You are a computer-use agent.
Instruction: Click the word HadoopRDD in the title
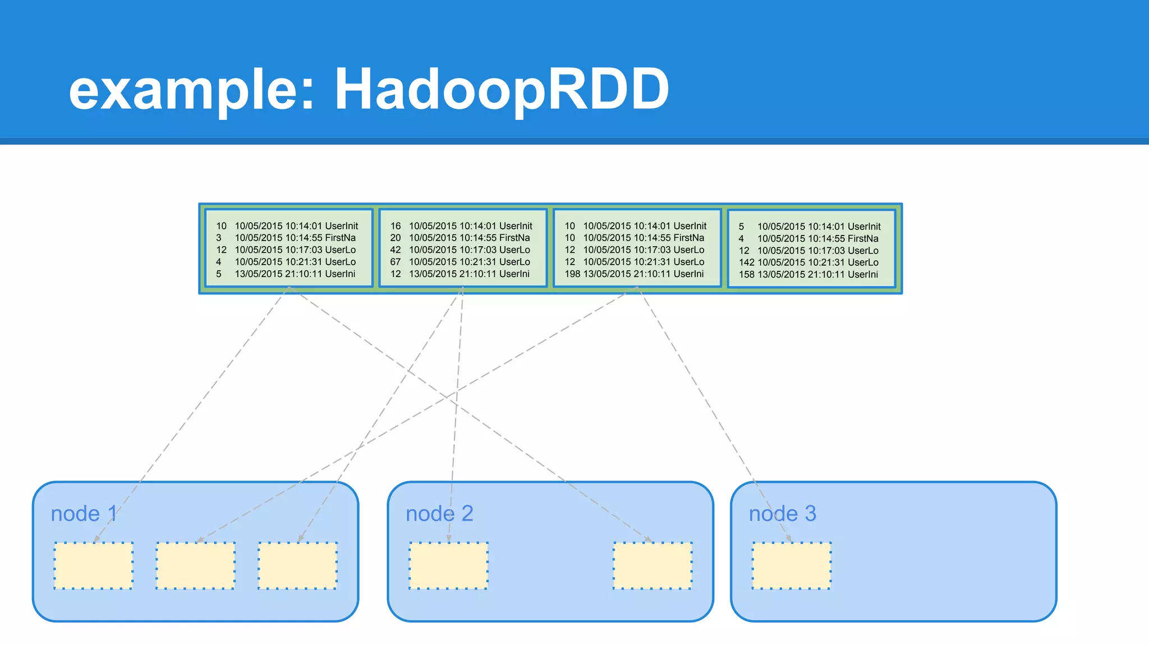(x=502, y=90)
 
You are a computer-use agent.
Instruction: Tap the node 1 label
(x=84, y=514)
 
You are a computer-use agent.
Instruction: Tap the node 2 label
(x=439, y=514)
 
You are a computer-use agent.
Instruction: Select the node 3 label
(x=782, y=514)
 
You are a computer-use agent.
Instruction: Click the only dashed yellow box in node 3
(x=791, y=565)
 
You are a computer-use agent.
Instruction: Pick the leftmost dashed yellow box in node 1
(x=93, y=565)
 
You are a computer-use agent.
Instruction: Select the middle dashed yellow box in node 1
(x=195, y=565)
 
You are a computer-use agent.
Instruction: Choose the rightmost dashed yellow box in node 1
(x=297, y=565)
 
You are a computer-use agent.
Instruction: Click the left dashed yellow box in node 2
(x=448, y=565)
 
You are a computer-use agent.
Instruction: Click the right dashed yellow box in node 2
(x=652, y=565)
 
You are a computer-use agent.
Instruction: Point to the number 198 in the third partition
(x=572, y=274)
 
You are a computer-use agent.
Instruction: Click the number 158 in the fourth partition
(x=746, y=275)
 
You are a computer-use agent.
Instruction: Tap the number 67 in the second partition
(x=396, y=262)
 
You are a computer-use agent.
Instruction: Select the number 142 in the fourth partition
(x=746, y=262)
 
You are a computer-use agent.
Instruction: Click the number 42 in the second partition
(x=396, y=250)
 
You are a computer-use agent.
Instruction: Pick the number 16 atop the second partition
(x=396, y=226)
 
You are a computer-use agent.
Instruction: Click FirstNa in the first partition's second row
(x=340, y=238)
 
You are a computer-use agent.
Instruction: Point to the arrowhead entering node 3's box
(x=789, y=539)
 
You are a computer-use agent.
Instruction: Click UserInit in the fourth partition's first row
(x=864, y=227)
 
